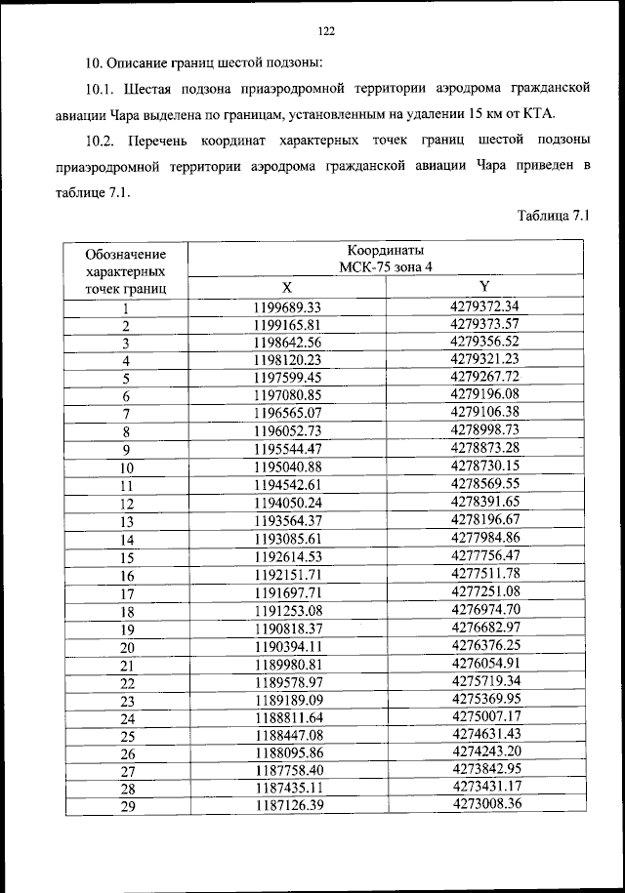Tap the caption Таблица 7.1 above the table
pos(554,215)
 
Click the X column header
pos(287,288)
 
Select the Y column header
pos(484,286)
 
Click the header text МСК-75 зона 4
pos(386,267)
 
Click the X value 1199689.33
pos(287,307)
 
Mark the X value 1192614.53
pos(287,556)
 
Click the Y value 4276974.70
pos(484,609)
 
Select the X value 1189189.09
pos(287,700)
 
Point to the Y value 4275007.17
pos(484,715)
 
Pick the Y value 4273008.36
pos(484,803)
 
